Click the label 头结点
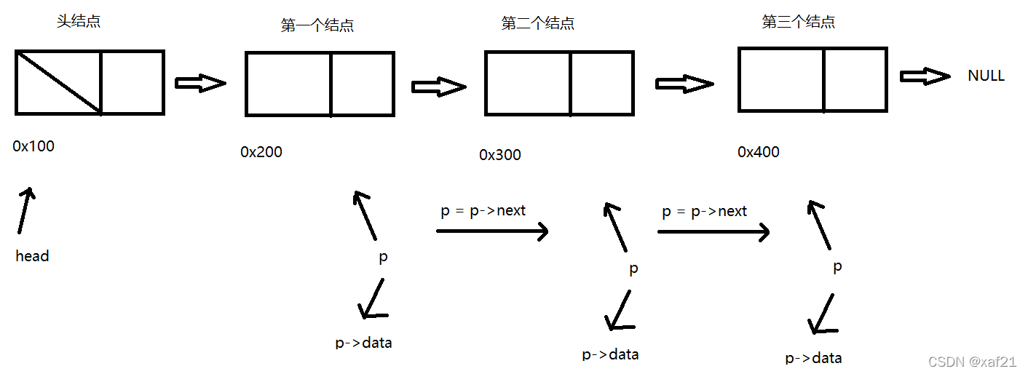(79, 21)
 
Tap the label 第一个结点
(317, 25)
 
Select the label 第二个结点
(538, 23)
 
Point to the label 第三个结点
(798, 22)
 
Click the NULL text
(986, 76)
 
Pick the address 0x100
(33, 146)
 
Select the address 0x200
(261, 152)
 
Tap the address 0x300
(500, 155)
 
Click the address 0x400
(758, 152)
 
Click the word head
(32, 256)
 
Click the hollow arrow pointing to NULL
(925, 76)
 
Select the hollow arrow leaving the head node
(201, 83)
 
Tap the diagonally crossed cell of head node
(58, 82)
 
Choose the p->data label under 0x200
(363, 342)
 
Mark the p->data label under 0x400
(813, 357)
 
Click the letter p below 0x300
(633, 268)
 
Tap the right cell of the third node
(855, 79)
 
